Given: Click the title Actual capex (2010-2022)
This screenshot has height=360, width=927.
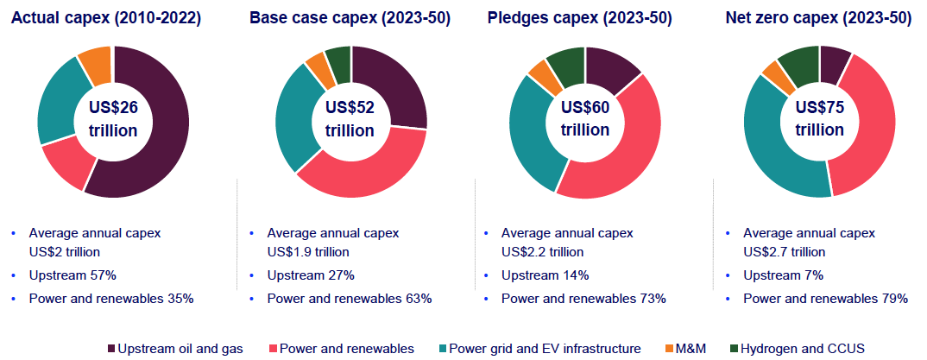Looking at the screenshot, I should pyautogui.click(x=107, y=18).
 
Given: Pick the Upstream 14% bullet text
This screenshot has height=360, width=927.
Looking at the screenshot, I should pyautogui.click(x=545, y=275).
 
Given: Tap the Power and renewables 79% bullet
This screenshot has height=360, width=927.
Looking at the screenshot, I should pyautogui.click(x=825, y=299).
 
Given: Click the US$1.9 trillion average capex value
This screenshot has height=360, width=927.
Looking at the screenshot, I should pyautogui.click(x=308, y=252).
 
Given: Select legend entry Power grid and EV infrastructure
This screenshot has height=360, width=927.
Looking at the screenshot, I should pyautogui.click(x=541, y=348).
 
